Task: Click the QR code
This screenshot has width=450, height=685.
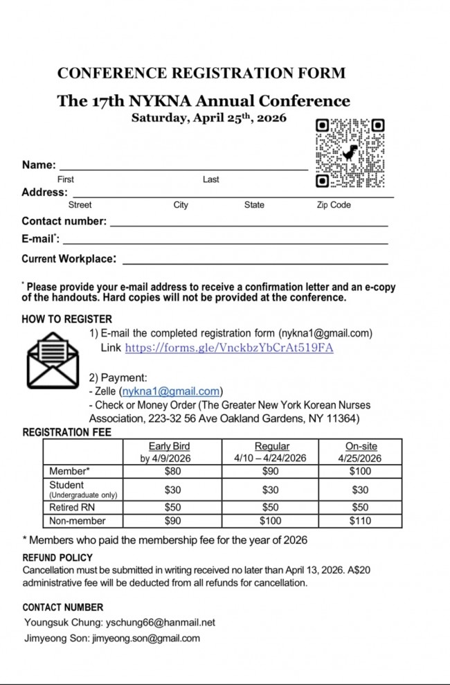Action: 350,153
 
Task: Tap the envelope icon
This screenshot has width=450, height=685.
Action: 53,359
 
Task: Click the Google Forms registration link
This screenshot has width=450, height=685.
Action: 229,348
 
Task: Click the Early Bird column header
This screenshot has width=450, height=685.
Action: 169,452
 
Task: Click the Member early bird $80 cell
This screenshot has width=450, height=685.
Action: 172,472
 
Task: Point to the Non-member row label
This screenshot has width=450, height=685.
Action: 78,521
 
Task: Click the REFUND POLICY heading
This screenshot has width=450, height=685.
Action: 57,558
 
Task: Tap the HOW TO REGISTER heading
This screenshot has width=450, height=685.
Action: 66,319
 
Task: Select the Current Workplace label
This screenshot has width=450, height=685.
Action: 69,259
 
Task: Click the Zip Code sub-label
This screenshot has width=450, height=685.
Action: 334,205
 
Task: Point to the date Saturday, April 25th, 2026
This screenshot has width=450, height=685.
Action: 209,118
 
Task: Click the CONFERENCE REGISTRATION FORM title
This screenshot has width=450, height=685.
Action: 201,73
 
